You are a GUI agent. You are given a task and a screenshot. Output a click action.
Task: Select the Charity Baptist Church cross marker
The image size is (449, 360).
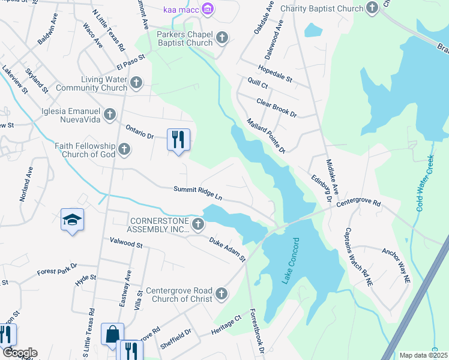coord(372,8)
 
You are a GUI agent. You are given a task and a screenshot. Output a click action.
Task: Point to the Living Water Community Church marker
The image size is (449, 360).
coord(136,83)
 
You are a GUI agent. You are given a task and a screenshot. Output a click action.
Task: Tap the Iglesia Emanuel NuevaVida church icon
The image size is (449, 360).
coord(109,113)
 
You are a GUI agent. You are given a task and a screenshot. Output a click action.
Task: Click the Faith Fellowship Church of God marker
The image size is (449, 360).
coord(124,149)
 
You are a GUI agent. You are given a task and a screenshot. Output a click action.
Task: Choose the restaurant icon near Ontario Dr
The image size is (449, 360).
coord(178,140)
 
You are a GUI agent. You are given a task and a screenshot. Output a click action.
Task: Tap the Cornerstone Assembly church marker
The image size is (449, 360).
coord(199,224)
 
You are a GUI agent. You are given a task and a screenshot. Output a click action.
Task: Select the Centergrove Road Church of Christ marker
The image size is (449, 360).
coord(221,293)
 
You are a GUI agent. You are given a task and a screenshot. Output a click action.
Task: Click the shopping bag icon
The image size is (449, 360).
coord(113,334)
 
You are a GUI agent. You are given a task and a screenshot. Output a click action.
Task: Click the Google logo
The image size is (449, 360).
coord(19,353)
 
